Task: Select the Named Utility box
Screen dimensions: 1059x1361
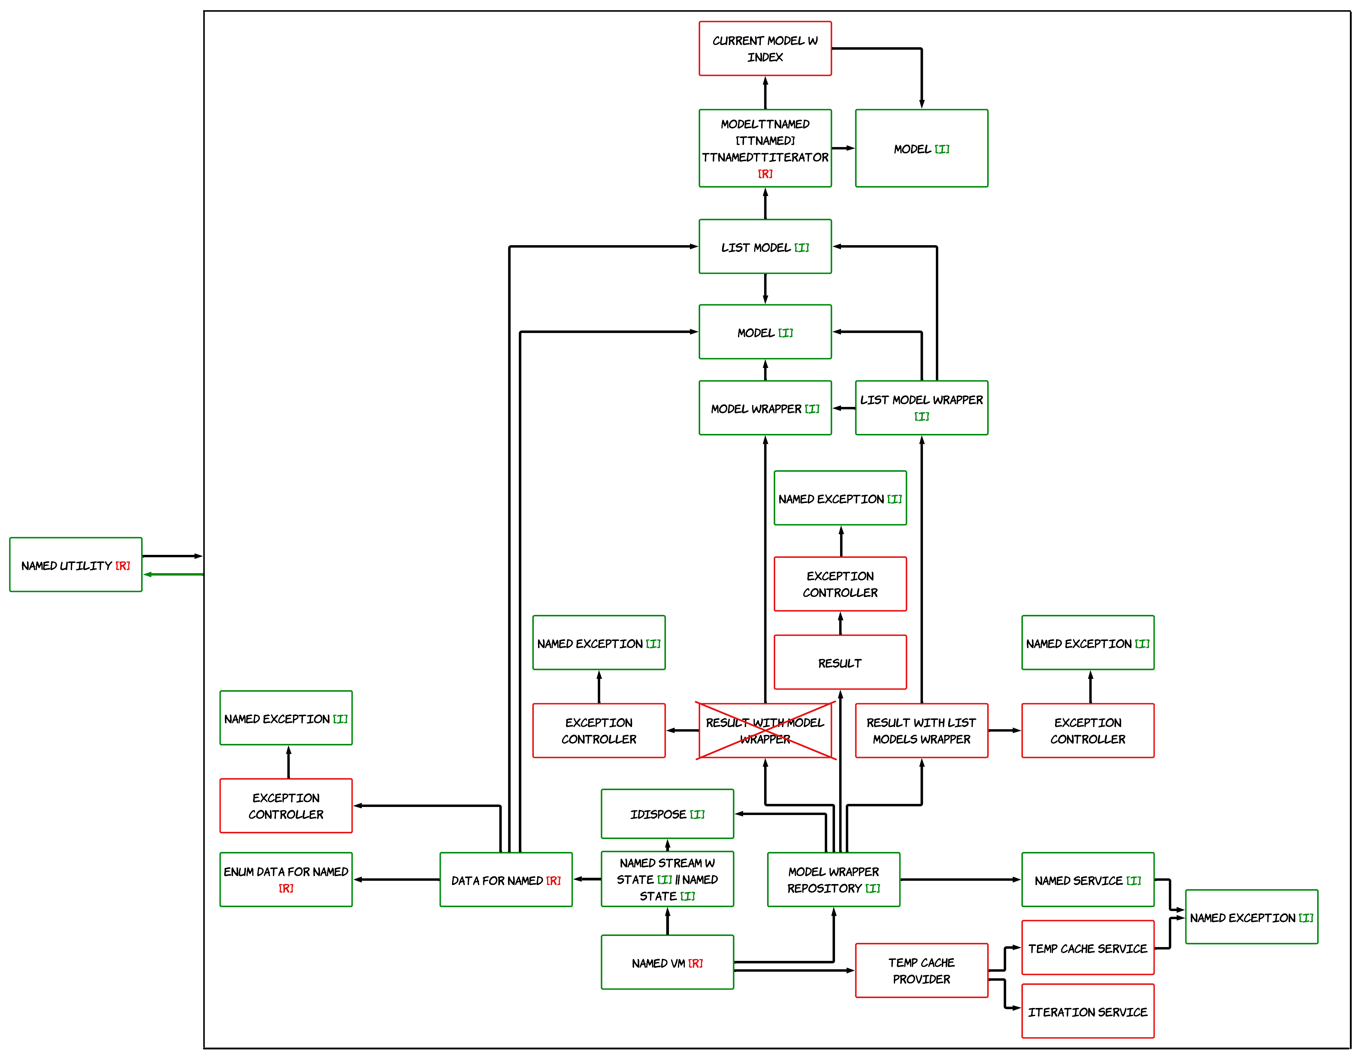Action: click(x=75, y=564)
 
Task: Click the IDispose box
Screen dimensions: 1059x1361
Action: click(x=667, y=814)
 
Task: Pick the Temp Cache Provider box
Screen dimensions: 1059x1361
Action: click(x=921, y=970)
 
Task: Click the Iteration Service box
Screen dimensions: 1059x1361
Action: click(x=1087, y=1011)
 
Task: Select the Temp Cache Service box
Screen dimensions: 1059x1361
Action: click(x=1087, y=947)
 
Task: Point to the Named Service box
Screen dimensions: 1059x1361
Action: click(x=1087, y=880)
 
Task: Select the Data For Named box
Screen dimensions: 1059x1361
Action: click(x=505, y=880)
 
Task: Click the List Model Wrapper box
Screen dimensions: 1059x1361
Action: click(x=921, y=408)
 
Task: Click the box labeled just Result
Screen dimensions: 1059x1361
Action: click(x=839, y=662)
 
